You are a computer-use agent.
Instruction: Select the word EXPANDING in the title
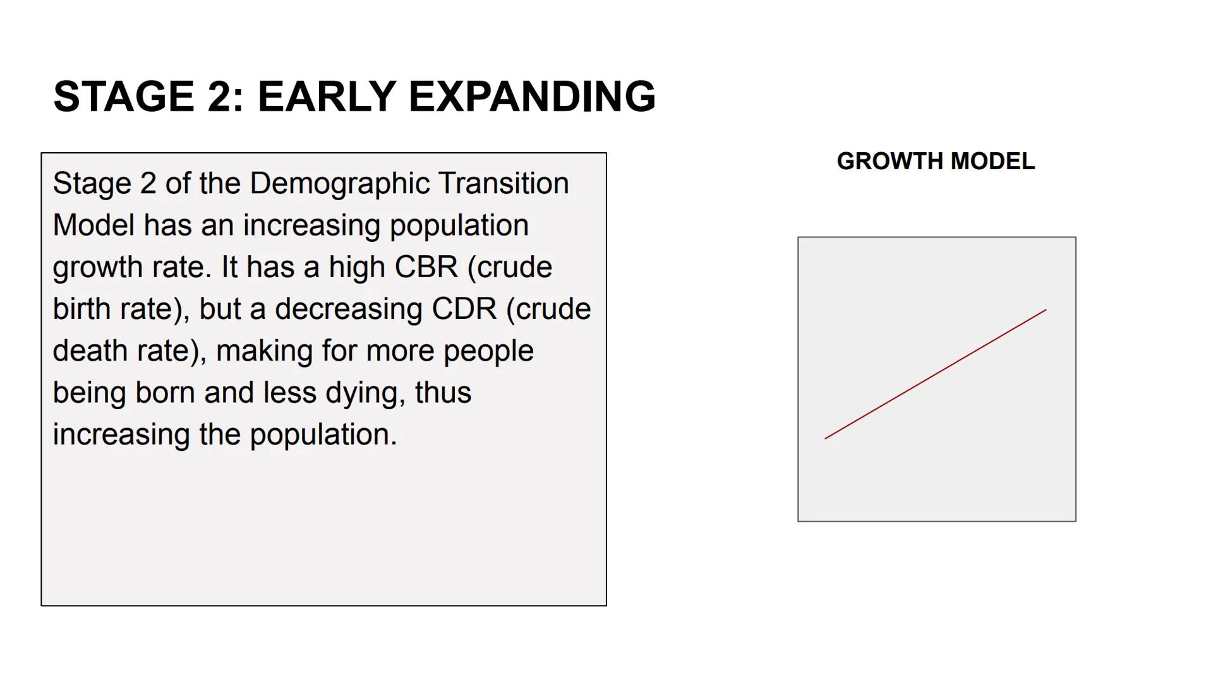pyautogui.click(x=532, y=97)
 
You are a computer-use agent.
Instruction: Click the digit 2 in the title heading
pyautogui.click(x=220, y=97)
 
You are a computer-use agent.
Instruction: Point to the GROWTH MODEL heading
pyautogui.click(x=936, y=162)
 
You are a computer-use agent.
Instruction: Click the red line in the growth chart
pyautogui.click(x=936, y=374)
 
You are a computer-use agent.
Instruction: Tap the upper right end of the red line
pyautogui.click(x=1046, y=310)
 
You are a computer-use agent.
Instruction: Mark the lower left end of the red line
pyautogui.click(x=826, y=438)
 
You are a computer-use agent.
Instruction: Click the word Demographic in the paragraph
pyautogui.click(x=340, y=184)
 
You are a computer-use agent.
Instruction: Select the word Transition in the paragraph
pyautogui.click(x=504, y=184)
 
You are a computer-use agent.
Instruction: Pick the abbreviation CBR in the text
pyautogui.click(x=426, y=267)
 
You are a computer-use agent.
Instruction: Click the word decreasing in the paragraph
pyautogui.click(x=349, y=309)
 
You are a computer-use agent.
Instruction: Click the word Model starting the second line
pyautogui.click(x=94, y=225)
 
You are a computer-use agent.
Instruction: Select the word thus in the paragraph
pyautogui.click(x=443, y=393)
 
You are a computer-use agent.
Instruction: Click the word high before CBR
pyautogui.click(x=357, y=267)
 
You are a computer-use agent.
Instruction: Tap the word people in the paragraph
pyautogui.click(x=488, y=351)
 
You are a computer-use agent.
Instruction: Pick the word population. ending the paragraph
pyautogui.click(x=323, y=435)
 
